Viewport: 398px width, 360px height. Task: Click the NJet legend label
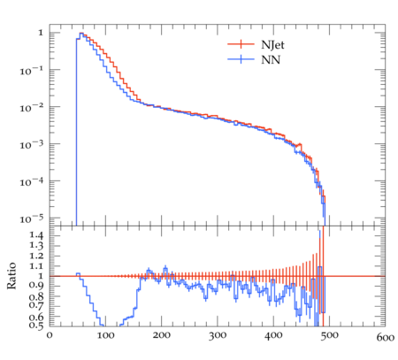(272, 45)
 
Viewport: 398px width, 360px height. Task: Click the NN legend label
(271, 60)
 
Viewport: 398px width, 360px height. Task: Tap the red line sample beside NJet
(241, 44)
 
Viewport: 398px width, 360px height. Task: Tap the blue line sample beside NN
(241, 59)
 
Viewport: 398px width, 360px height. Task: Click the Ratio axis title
(11, 276)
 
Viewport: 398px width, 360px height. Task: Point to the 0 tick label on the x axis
(50, 335)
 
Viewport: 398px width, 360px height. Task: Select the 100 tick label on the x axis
(105, 335)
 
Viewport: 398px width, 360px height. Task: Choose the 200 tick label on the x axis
(162, 335)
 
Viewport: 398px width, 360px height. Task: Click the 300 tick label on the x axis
(218, 335)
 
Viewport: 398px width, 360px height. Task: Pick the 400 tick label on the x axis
(273, 335)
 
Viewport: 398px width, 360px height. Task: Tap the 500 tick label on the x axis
(329, 335)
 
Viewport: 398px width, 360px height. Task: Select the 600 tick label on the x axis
(385, 337)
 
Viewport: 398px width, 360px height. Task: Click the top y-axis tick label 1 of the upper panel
(41, 33)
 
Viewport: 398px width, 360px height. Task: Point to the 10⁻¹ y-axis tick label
(32, 71)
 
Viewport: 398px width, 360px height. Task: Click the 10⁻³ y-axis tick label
(32, 144)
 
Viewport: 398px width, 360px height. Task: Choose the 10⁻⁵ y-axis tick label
(32, 218)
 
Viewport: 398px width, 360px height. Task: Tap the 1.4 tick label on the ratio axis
(36, 235)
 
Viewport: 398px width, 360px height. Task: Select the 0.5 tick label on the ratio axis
(36, 326)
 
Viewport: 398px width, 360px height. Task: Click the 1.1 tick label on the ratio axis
(36, 266)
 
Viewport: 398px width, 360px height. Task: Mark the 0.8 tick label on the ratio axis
(36, 296)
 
